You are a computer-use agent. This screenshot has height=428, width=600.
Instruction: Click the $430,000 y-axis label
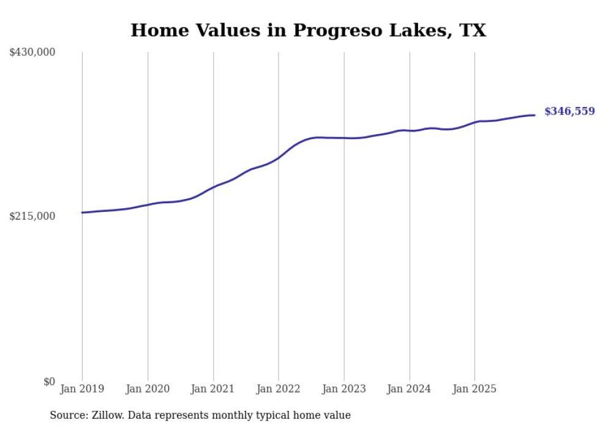tap(32, 53)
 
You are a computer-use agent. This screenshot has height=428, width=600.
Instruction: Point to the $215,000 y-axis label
tap(32, 216)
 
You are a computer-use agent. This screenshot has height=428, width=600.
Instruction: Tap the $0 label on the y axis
tap(49, 381)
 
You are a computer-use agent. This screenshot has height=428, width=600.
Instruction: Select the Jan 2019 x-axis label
tap(82, 389)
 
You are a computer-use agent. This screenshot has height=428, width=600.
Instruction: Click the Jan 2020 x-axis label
tap(148, 389)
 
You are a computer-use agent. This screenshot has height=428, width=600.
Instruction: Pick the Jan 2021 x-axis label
tap(213, 389)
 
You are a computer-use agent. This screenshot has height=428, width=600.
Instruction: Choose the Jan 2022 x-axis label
tap(279, 389)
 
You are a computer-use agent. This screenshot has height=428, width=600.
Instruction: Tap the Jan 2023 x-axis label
tap(344, 389)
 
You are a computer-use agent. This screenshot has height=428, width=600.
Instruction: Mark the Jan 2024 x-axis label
tap(410, 389)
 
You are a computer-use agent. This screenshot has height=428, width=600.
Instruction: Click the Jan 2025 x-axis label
tap(474, 389)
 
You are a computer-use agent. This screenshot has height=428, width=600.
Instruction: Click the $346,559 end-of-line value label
tap(569, 111)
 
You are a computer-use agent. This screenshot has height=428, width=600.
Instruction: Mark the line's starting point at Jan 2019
tap(82, 212)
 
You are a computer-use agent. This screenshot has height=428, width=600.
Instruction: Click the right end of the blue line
tap(534, 115)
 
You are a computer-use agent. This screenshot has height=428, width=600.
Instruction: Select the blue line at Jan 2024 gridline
tap(410, 130)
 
